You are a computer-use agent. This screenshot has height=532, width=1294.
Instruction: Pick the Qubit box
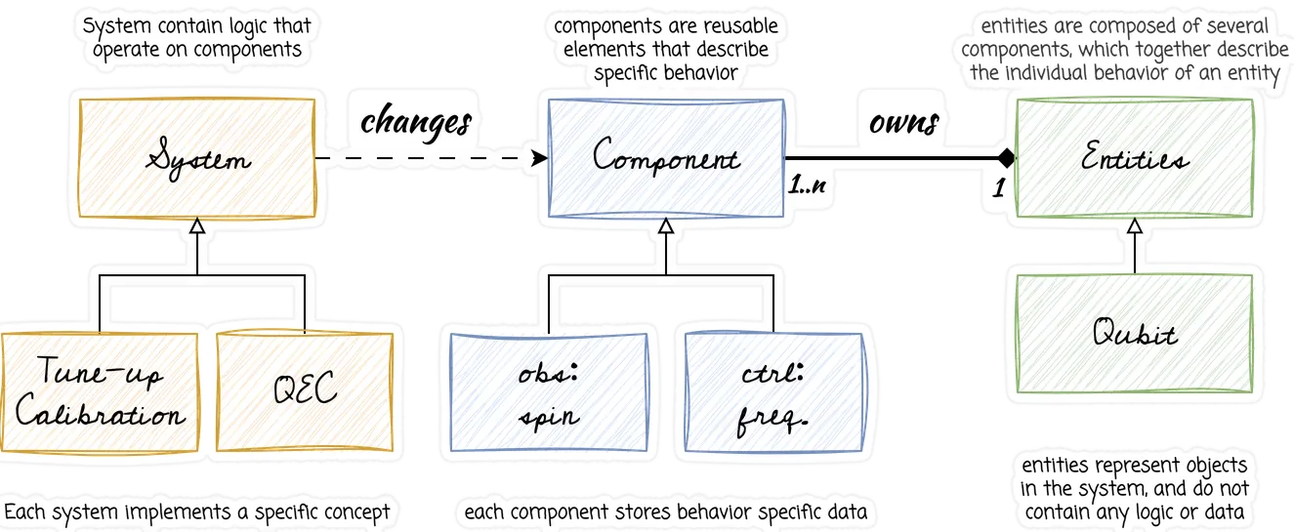(x=1134, y=334)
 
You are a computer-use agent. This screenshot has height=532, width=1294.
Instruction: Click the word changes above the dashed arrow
(x=417, y=122)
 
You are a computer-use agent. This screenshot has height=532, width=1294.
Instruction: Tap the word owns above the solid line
(x=903, y=122)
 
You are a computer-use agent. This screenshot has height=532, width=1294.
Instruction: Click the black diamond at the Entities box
(x=1005, y=157)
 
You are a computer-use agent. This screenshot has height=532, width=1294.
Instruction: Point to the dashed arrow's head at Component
(x=537, y=157)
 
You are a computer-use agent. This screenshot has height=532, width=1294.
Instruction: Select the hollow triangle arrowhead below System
(x=198, y=226)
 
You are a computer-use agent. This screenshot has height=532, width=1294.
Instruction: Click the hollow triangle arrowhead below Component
(x=666, y=226)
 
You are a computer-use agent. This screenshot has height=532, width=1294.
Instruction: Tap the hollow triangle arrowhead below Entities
(x=1134, y=226)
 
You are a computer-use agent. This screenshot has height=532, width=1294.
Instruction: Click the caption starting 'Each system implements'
(x=196, y=512)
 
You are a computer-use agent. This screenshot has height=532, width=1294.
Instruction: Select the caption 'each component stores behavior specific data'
(x=666, y=512)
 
